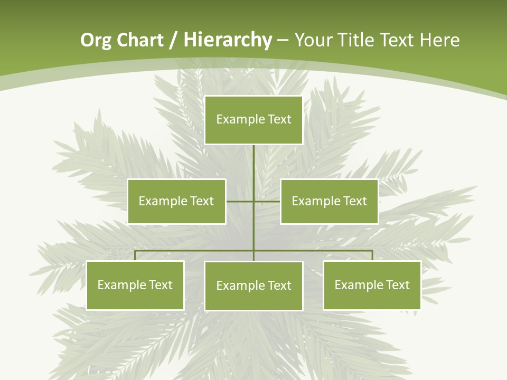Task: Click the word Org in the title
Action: pos(96,40)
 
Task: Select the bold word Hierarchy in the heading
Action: pos(228,40)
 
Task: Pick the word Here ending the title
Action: pos(439,40)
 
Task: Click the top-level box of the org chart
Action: pos(253,120)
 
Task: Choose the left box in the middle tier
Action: pos(176,201)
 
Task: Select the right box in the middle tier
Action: pos(329,201)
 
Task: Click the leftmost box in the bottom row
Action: pos(135,286)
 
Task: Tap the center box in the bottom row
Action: pos(253,286)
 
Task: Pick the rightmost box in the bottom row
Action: pos(372,286)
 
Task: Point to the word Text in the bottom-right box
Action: pos(397,285)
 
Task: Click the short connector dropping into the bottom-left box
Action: pos(135,255)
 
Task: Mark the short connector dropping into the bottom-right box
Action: pos(372,255)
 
